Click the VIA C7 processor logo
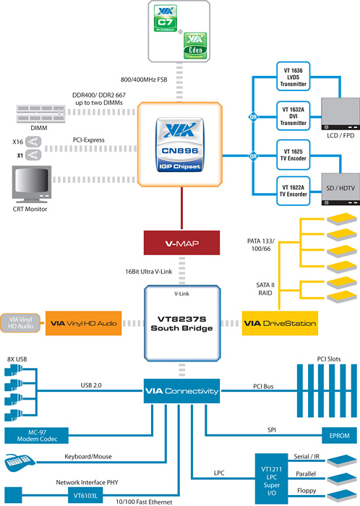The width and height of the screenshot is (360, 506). tap(166, 18)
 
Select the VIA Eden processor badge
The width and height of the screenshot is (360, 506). tap(195, 46)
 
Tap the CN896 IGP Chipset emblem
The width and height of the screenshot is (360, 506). tap(180, 145)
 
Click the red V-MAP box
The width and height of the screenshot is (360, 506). tap(181, 243)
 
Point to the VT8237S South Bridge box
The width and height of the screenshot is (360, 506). tap(182, 323)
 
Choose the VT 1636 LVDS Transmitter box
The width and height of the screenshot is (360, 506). tap(293, 77)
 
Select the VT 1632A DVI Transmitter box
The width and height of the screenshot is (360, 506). tap(293, 116)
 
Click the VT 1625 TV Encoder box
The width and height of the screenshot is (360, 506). tap(293, 155)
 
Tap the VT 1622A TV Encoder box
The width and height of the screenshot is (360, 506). tap(293, 191)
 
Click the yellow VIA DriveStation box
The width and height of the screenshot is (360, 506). tap(280, 323)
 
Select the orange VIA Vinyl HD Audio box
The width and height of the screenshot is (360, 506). tap(84, 323)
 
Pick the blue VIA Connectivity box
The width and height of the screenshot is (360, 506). tap(181, 391)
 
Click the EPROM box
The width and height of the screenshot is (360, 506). tap(339, 435)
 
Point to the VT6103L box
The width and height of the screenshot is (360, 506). tap(85, 495)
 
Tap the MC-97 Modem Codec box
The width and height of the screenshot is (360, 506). tap(36, 436)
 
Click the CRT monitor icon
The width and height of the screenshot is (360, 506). tap(32, 184)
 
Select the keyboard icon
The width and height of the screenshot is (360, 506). tap(20, 463)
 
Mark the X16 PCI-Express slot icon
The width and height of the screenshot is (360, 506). tap(33, 142)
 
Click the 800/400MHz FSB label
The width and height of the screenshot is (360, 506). tap(144, 80)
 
